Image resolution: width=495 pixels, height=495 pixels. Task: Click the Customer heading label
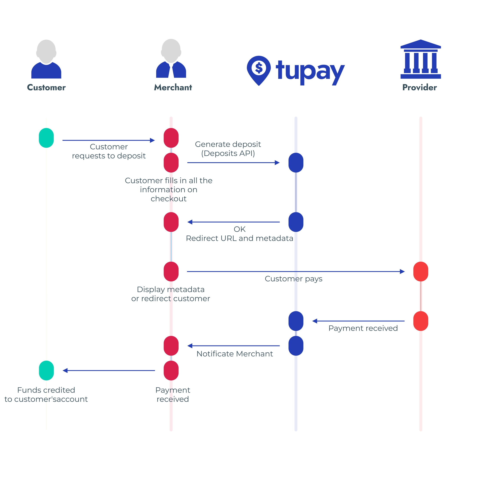click(46, 87)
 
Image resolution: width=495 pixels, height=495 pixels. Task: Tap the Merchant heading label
click(173, 87)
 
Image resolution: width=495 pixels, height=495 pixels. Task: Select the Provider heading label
click(419, 87)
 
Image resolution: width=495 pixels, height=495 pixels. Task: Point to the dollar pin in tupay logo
click(259, 69)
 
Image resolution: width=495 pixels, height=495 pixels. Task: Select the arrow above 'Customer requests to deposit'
click(109, 141)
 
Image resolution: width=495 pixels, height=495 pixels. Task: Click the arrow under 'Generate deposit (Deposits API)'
click(233, 163)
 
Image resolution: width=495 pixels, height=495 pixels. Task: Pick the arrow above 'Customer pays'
click(296, 272)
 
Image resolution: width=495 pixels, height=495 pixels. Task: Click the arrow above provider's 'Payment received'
click(358, 321)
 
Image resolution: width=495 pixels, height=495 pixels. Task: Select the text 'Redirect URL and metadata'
click(240, 238)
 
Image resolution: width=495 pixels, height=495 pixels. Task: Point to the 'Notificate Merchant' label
click(235, 354)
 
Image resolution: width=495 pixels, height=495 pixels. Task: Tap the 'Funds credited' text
click(46, 390)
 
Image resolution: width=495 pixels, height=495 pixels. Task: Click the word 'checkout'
click(169, 199)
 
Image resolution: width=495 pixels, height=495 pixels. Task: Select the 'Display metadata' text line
click(171, 290)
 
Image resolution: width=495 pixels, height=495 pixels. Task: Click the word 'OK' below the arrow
click(240, 229)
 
